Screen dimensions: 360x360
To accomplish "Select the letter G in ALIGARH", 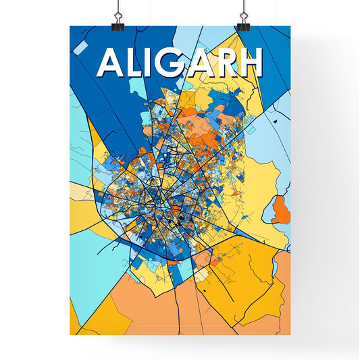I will (x=176, y=65).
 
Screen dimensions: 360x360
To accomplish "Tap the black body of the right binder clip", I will (x=242, y=25).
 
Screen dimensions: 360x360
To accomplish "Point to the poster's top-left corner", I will (x=70, y=26).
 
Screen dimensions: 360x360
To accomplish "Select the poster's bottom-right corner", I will (x=290, y=335).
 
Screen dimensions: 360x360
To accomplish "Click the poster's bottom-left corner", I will (x=70, y=335).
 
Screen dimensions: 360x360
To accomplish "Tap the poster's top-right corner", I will (x=290, y=26).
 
